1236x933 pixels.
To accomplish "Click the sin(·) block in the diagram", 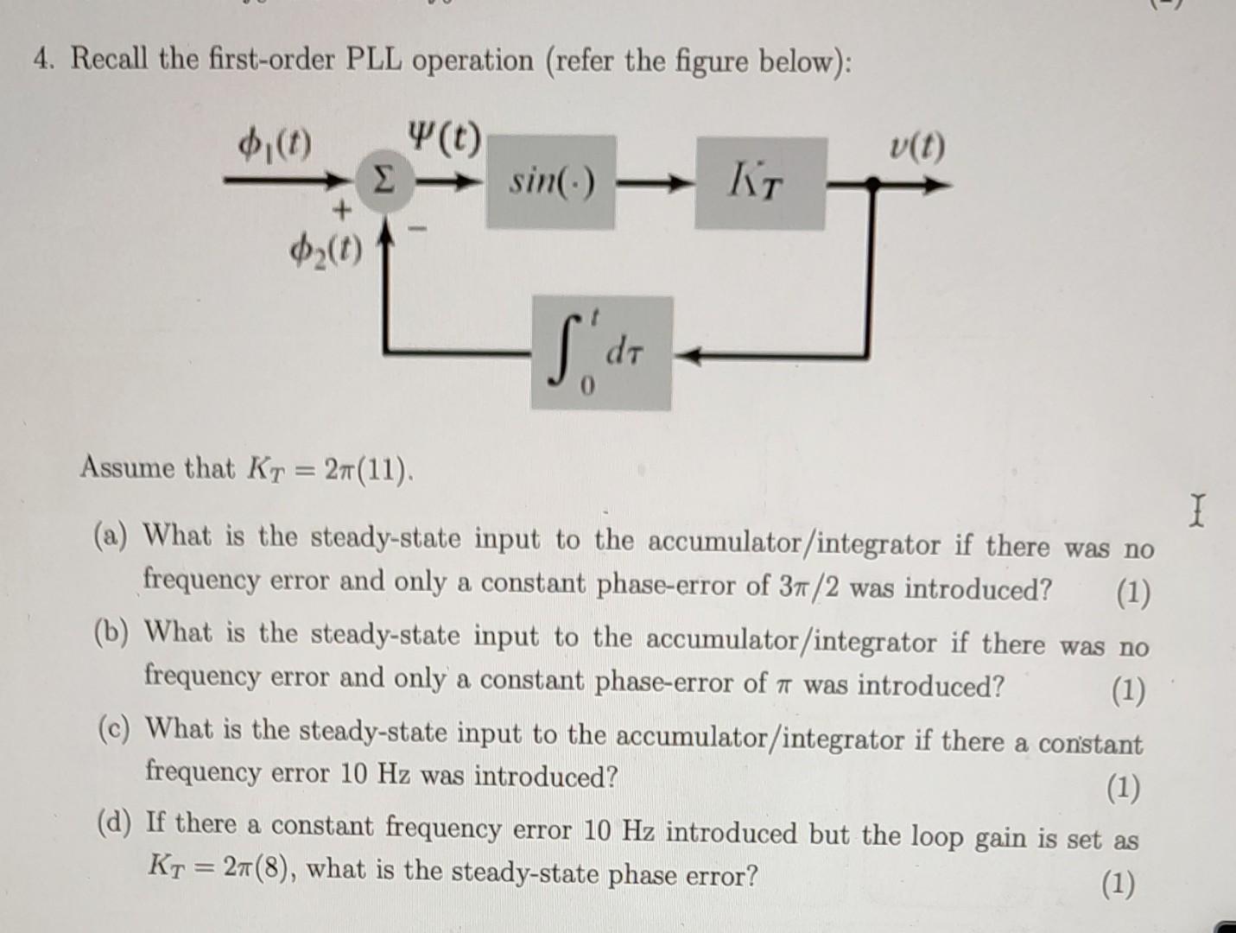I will (x=550, y=182).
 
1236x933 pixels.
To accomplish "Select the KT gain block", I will (x=759, y=182).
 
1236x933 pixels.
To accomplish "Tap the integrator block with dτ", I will (x=601, y=353).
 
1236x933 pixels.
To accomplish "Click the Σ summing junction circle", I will (x=378, y=183).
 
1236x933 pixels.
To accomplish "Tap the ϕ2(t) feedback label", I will (x=326, y=251).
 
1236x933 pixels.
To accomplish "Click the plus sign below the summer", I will (x=343, y=209).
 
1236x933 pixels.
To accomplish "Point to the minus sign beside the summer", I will (x=419, y=230).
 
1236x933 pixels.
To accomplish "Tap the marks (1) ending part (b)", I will (x=1128, y=691).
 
